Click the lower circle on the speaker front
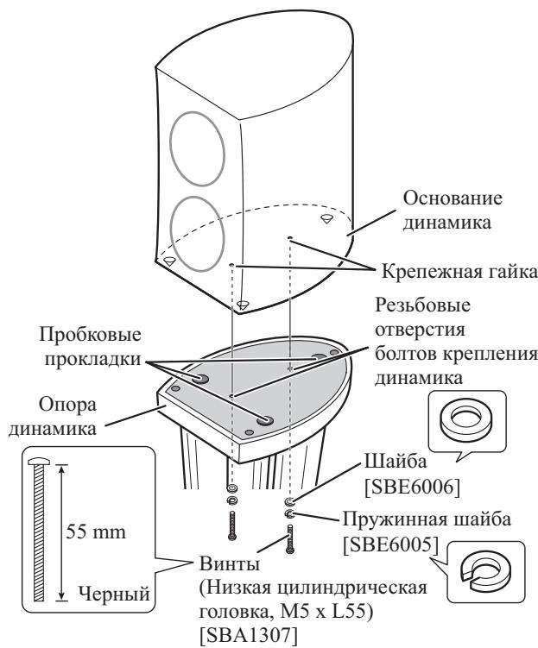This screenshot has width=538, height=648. tap(194, 230)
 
